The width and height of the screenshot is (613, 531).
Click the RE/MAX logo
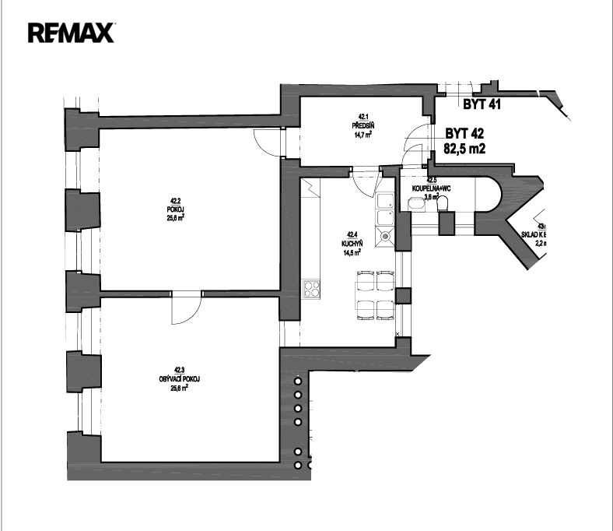tap(71, 32)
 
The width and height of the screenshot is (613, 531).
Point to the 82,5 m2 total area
tap(464, 148)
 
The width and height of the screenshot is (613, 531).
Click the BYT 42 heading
tap(464, 133)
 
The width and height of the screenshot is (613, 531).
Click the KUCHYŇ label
tap(351, 243)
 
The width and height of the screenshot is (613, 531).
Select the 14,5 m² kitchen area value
tap(351, 251)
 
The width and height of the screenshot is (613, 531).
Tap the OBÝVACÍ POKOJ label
tap(179, 379)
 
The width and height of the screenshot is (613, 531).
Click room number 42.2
tap(174, 202)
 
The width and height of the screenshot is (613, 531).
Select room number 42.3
tap(179, 371)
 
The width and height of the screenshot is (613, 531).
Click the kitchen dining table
tap(374, 295)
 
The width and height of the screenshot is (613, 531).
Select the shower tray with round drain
tap(384, 234)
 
